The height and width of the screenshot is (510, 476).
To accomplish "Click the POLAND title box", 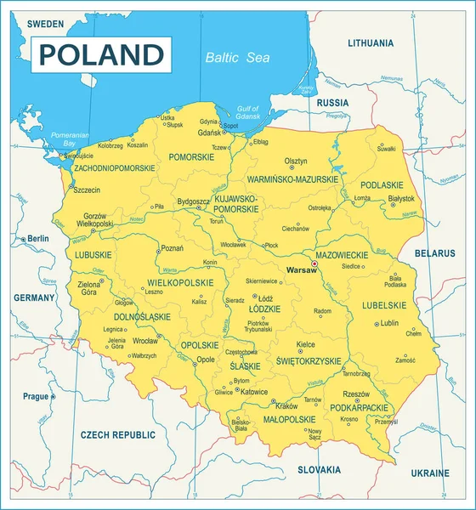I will click(101, 54).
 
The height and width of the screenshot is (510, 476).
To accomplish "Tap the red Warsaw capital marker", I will click(314, 263).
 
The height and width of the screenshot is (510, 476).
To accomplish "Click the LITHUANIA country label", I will click(371, 42).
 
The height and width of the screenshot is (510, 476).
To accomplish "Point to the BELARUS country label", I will click(434, 253).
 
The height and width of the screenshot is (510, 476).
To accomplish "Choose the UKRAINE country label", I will click(429, 473).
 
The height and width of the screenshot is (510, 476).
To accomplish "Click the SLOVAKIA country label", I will click(319, 469).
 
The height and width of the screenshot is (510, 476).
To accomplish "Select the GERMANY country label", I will click(34, 297).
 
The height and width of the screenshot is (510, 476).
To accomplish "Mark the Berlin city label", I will click(38, 239).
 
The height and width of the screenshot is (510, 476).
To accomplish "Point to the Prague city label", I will click(36, 396).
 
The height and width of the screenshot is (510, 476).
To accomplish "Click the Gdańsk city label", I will click(208, 133).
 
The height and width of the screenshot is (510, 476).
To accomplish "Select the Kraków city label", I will click(287, 405).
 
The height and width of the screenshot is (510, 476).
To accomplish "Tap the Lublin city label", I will click(389, 323).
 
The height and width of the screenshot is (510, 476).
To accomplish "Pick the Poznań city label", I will click(172, 248).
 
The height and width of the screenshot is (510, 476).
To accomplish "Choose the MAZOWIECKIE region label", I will click(342, 254).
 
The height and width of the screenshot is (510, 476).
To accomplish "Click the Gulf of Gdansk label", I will click(247, 113).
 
